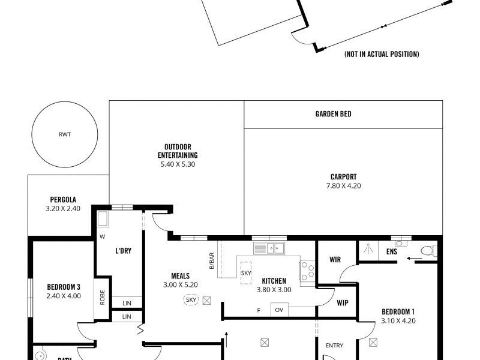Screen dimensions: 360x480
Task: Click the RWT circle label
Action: [65, 134]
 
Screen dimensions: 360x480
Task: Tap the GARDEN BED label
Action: [333, 114]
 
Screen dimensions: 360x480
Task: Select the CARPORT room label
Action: [343, 177]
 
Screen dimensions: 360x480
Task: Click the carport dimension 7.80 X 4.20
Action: [343, 186]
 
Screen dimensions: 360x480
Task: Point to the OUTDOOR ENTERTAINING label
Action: [178, 151]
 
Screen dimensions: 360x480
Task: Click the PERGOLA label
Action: [63, 200]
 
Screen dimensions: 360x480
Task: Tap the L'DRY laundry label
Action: [123, 251]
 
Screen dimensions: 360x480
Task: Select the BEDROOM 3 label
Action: [64, 286]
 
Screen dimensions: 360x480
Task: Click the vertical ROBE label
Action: [103, 298]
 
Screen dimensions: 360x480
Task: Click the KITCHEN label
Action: [274, 280]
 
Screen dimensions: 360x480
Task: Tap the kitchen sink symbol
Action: [269, 248]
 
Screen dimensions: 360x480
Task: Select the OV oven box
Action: [278, 310]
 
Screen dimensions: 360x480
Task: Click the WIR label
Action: [335, 260]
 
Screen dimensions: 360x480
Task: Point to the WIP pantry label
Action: [343, 302]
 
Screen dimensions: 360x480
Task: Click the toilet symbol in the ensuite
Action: [428, 251]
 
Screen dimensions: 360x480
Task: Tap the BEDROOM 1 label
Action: [398, 311]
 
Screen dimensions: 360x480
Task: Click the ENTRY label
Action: [334, 346]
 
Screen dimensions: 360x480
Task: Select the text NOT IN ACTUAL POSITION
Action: [381, 55]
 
